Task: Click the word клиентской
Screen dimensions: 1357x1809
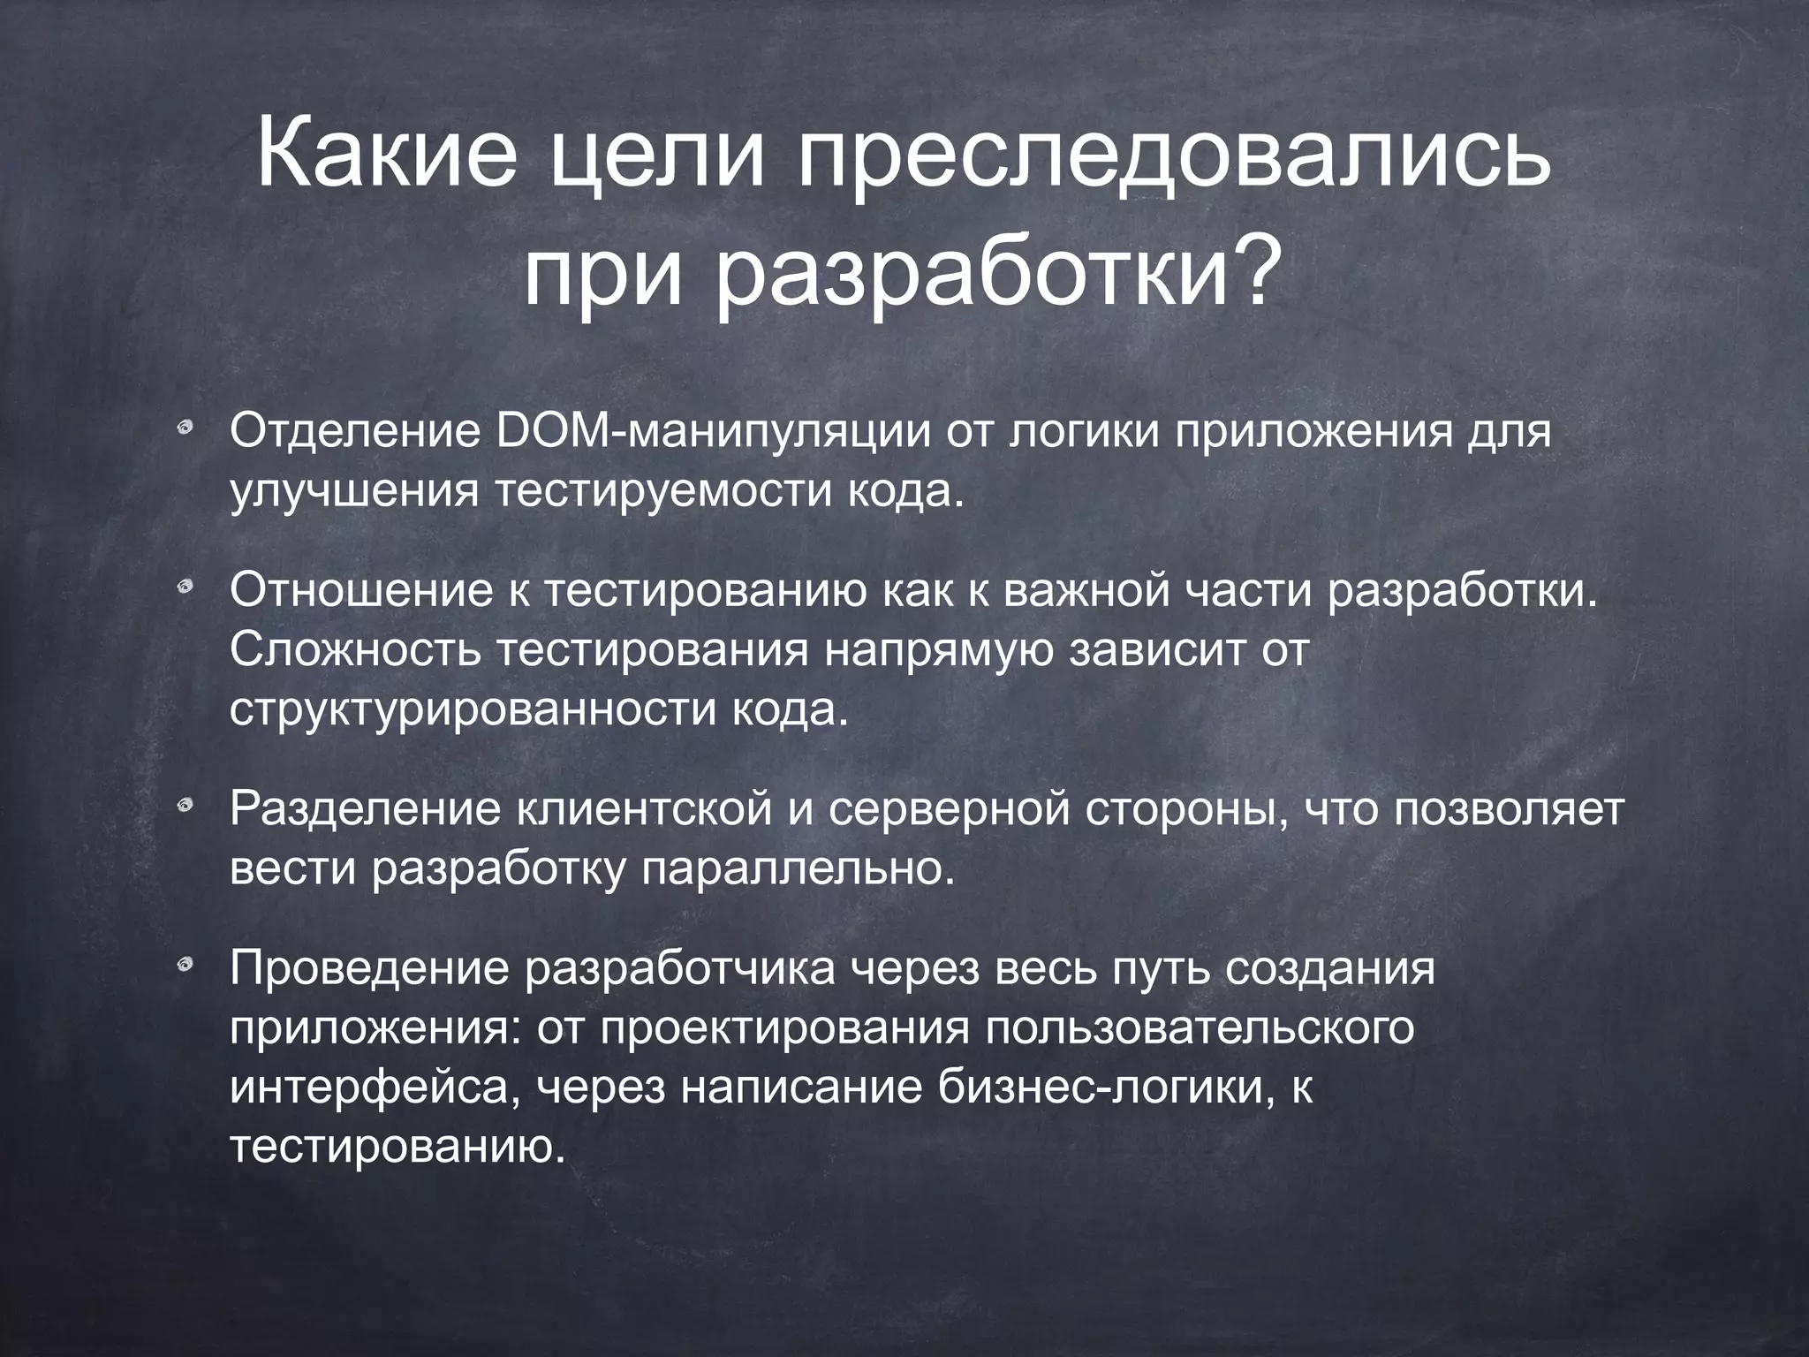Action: [645, 810]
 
